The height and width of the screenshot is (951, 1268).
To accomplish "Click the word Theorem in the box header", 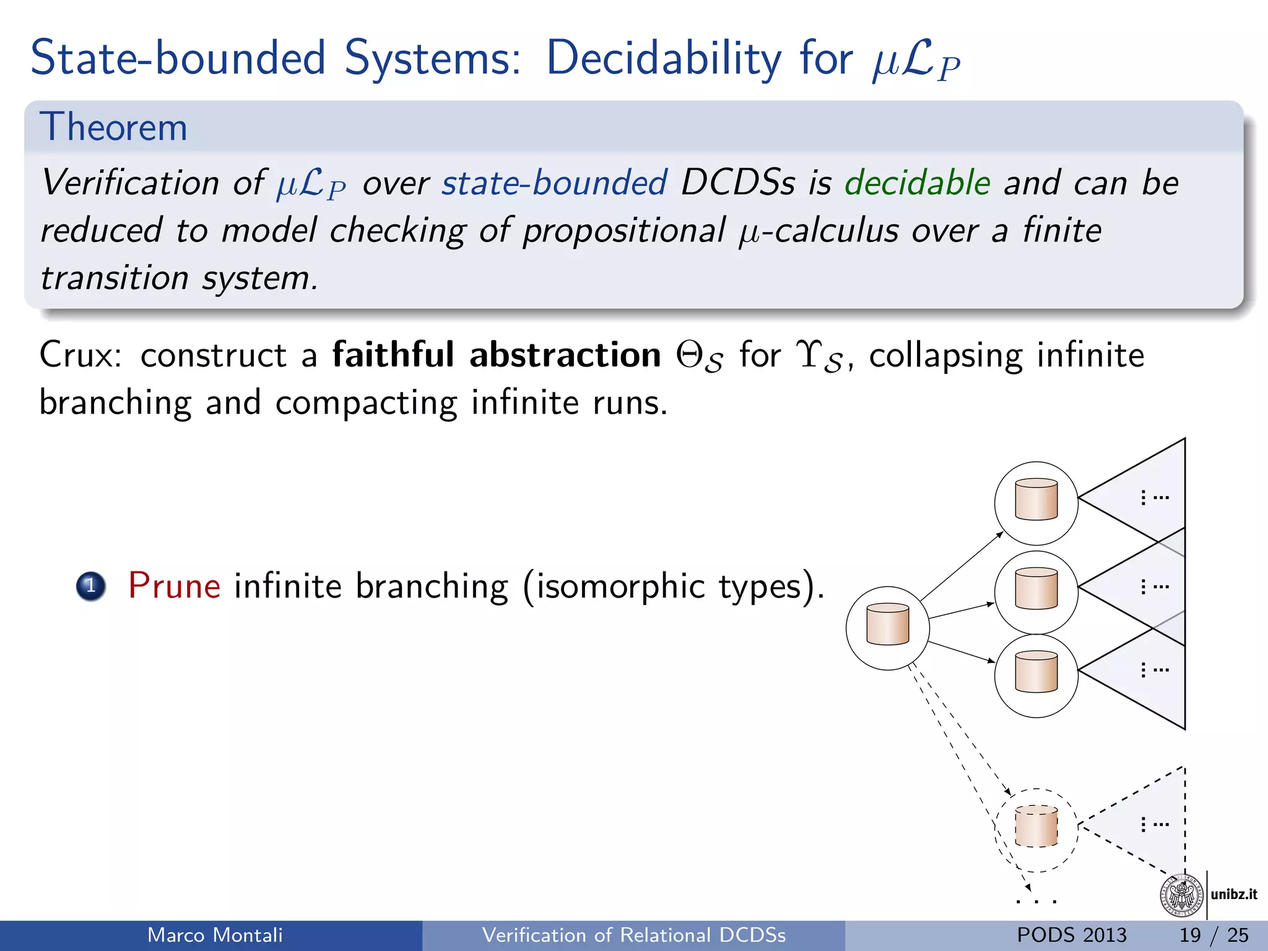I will [113, 128].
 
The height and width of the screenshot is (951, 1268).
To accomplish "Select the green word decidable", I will [917, 183].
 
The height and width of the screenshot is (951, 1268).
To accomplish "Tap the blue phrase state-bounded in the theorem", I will [554, 183].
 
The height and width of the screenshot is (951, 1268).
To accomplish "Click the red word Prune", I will [174, 586].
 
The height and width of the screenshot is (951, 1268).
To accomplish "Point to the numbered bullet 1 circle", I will [91, 586].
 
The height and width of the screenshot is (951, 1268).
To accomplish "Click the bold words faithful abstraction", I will [497, 355].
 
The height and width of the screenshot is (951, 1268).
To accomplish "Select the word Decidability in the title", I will [664, 58].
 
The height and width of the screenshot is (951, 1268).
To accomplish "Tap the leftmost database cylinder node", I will [887, 625].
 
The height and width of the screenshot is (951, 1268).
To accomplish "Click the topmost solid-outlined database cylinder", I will [1036, 500].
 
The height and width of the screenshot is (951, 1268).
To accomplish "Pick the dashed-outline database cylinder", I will [1036, 827].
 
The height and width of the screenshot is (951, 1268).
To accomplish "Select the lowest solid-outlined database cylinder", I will [1036, 672].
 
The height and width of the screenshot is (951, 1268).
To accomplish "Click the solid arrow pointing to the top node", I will [961, 566].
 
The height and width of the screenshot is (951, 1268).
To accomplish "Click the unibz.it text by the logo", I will [1233, 894].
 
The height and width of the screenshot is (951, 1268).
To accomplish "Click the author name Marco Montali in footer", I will [215, 935].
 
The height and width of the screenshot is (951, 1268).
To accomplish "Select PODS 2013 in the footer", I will [1071, 935].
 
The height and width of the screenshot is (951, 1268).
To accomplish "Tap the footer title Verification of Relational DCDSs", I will [633, 935].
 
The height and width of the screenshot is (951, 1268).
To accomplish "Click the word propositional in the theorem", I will [623, 231].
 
